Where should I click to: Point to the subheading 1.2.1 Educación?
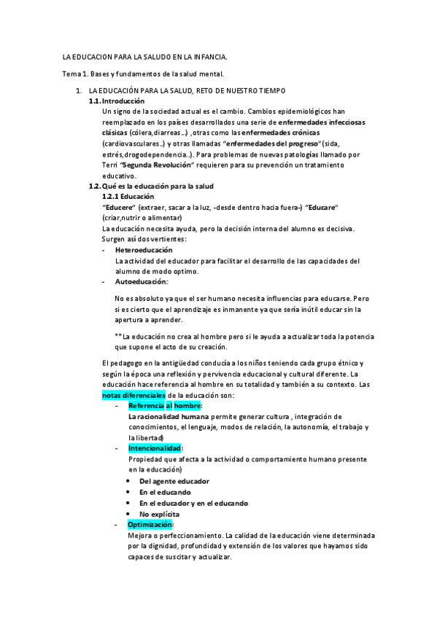pos(129,197)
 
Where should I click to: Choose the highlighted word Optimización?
pos(150,525)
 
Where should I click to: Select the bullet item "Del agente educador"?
pos(174,482)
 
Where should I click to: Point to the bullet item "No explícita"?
pos(159,514)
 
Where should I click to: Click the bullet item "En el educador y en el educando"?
pos(193,503)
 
